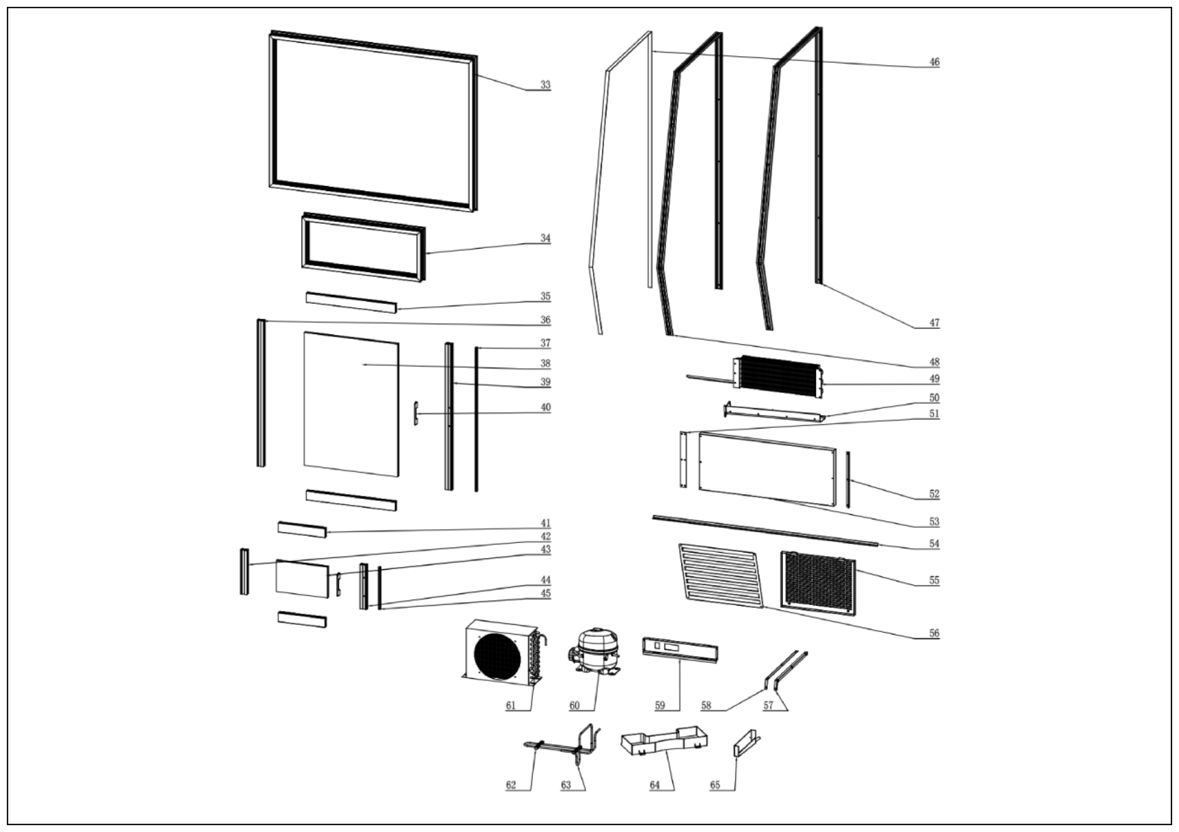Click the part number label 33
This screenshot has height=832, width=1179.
coord(545,84)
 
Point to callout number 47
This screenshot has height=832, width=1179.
coord(934,323)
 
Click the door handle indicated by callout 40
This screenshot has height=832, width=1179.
coord(416,413)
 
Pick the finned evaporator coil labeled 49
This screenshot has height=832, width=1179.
coord(778,377)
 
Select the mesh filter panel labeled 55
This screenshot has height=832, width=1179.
coord(817,582)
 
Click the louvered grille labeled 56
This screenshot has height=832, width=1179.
coord(721,575)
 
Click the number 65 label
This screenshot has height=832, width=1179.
coord(715,785)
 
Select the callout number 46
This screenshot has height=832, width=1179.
coord(934,62)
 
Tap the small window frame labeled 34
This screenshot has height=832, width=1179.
coord(363,248)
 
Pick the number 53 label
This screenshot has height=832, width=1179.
coord(934,522)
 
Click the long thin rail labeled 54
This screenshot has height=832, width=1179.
coord(765,531)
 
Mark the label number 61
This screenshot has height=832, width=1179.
coord(510,705)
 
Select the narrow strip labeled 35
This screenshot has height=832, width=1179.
coord(351,303)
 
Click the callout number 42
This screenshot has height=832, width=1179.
coord(545,536)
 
